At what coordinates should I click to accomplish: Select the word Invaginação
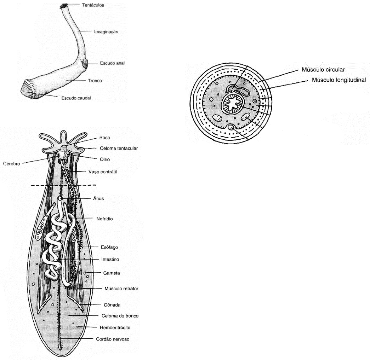(x=106, y=31)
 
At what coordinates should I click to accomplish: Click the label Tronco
(x=95, y=81)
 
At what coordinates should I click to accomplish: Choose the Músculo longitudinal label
(x=338, y=80)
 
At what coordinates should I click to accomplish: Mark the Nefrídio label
(x=104, y=219)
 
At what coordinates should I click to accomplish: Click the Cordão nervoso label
(x=113, y=339)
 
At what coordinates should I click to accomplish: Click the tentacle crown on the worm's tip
(x=64, y=6)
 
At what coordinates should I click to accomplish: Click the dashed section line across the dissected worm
(x=64, y=185)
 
